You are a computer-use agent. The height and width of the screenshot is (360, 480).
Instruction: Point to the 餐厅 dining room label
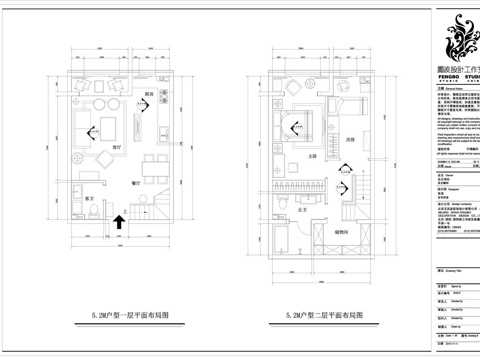(x=136, y=184)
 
